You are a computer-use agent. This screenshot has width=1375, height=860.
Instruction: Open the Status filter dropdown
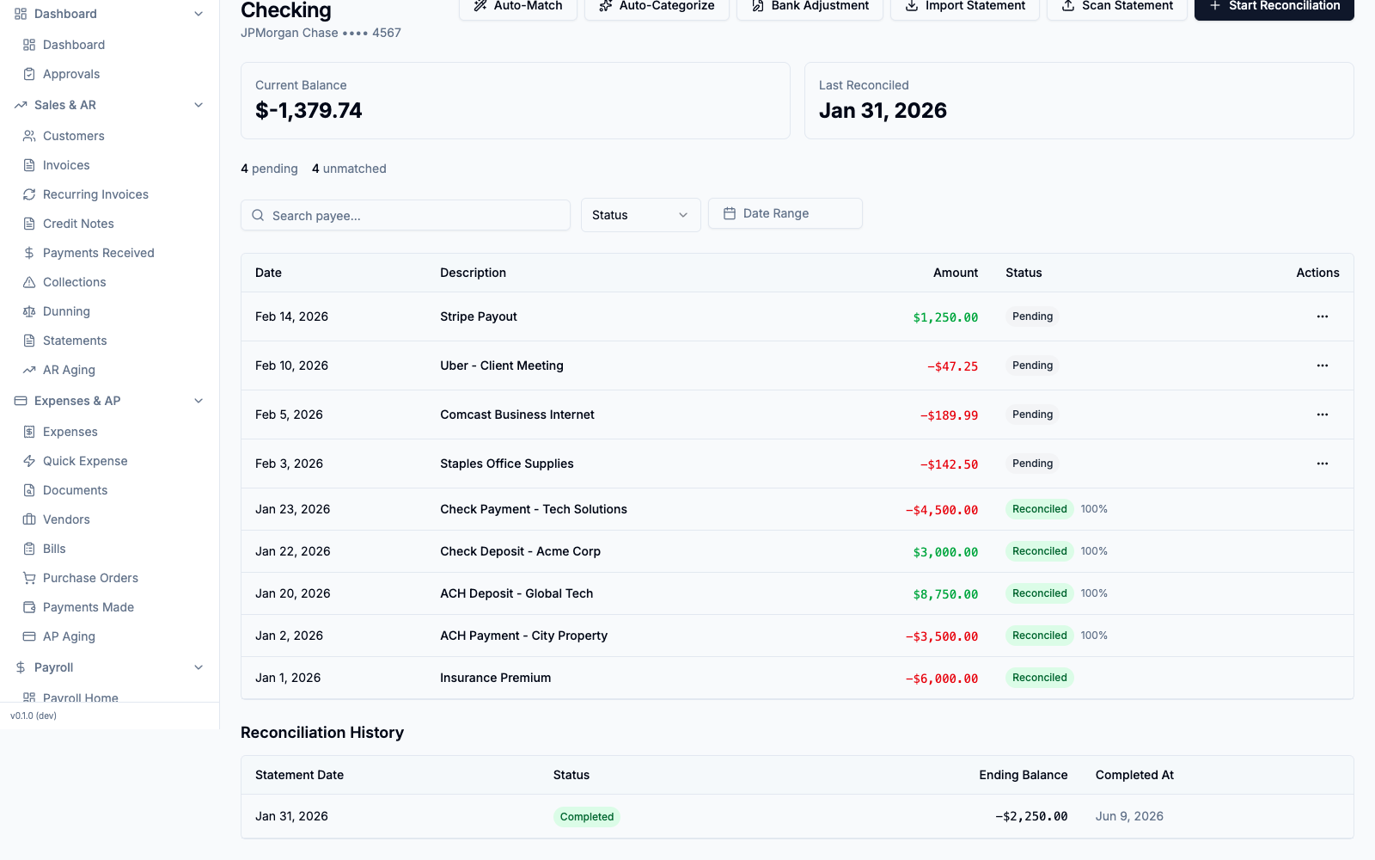pyautogui.click(x=640, y=215)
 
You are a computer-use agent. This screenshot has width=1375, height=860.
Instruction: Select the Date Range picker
pyautogui.click(x=785, y=213)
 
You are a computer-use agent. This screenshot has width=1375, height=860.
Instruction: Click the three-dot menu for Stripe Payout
pyautogui.click(x=1323, y=316)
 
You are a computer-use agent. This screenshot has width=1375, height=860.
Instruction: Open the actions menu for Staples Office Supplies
pyautogui.click(x=1323, y=464)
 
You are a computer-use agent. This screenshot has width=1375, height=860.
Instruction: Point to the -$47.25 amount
pyautogui.click(x=952, y=366)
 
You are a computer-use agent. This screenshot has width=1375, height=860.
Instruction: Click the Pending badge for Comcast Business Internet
pyautogui.click(x=1032, y=415)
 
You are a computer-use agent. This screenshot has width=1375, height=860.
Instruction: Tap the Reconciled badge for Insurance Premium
pyautogui.click(x=1039, y=678)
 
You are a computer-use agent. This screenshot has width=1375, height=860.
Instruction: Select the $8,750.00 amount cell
pyautogui.click(x=945, y=594)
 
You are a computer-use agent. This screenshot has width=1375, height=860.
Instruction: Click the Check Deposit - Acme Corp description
pyautogui.click(x=520, y=551)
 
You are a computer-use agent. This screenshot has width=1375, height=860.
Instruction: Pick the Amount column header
pyautogui.click(x=955, y=273)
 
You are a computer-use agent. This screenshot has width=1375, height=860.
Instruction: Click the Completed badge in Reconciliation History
pyautogui.click(x=586, y=816)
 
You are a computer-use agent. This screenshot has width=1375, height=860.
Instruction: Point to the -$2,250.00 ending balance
pyautogui.click(x=1030, y=816)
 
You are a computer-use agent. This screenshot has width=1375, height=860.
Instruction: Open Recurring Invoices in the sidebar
pyautogui.click(x=95, y=194)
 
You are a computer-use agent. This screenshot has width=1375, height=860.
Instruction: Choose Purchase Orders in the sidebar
pyautogui.click(x=90, y=578)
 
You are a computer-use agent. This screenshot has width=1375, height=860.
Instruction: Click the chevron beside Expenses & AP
pyautogui.click(x=199, y=401)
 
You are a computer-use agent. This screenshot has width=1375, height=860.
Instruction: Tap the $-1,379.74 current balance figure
pyautogui.click(x=309, y=111)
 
